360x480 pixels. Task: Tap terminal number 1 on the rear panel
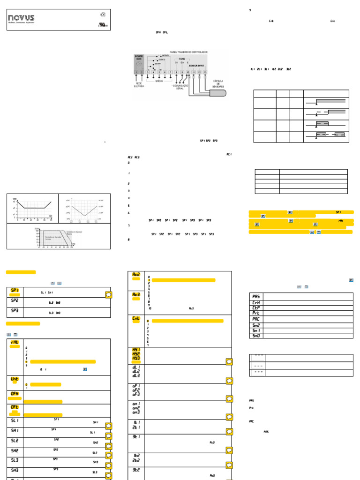pos(136,72)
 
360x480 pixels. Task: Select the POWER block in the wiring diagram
pos(139,62)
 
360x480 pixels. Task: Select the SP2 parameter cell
pos(14,302)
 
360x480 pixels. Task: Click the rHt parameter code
pos(14,343)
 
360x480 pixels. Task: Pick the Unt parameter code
pos(14,379)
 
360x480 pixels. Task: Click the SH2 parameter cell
pos(14,451)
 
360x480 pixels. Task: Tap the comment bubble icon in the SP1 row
pos(108,295)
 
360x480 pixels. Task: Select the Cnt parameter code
pos(136,319)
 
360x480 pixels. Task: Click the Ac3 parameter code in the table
pos(136,294)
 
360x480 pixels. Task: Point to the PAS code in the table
pos(255,296)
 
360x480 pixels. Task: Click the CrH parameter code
pos(255,302)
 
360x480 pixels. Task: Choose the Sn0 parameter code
pos(255,336)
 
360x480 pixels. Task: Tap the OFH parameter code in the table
pos(14,394)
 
